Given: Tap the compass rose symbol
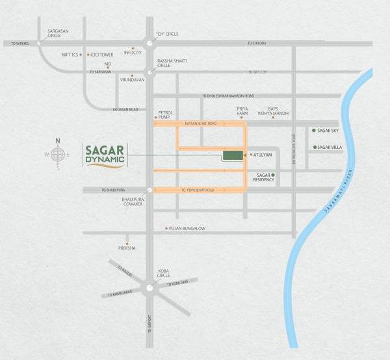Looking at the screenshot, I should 58,154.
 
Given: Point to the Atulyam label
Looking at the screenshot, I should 261,156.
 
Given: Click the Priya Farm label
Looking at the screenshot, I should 242,111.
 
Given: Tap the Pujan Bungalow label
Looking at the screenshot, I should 188,228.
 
